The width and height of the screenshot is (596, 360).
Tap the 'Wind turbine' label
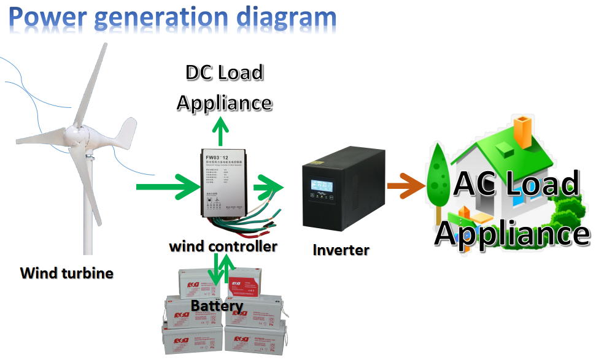click(67, 272)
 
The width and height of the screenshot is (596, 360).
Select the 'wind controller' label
click(223, 246)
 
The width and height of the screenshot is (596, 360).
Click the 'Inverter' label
click(341, 250)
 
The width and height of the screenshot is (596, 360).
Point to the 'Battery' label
click(217, 305)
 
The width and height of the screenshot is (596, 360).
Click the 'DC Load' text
click(224, 72)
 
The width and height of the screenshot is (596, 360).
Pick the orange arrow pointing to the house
click(407, 185)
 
